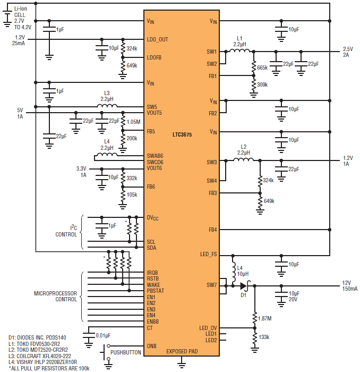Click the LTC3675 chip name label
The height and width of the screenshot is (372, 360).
[182, 135]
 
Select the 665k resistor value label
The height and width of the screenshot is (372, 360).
[262, 68]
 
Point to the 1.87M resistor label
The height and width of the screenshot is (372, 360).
[265, 319]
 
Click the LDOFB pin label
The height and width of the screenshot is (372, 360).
[154, 57]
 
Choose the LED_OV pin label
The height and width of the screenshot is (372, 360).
[208, 328]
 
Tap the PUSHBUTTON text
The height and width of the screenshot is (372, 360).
[126, 352]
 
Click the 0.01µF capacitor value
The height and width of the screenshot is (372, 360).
[103, 335]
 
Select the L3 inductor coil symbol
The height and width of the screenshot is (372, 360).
[107, 106]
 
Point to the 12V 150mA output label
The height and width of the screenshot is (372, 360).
[350, 286]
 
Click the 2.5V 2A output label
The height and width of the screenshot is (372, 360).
[348, 52]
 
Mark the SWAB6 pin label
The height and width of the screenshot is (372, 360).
[155, 156]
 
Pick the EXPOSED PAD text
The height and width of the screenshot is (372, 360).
[182, 351]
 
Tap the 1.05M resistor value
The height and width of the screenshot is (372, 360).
[133, 122]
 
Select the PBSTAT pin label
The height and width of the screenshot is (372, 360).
[156, 291]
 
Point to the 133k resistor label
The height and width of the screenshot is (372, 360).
[264, 337]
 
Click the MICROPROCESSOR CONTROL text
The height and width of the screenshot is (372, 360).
[55, 297]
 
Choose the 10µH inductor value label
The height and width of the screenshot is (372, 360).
[243, 274]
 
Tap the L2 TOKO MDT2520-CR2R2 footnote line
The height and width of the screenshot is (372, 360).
[38, 350]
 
